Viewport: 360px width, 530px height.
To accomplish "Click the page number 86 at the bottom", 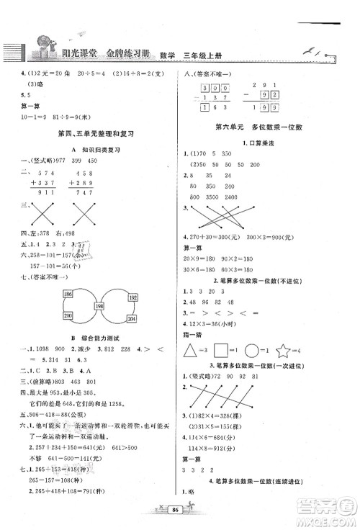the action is click(175, 507).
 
